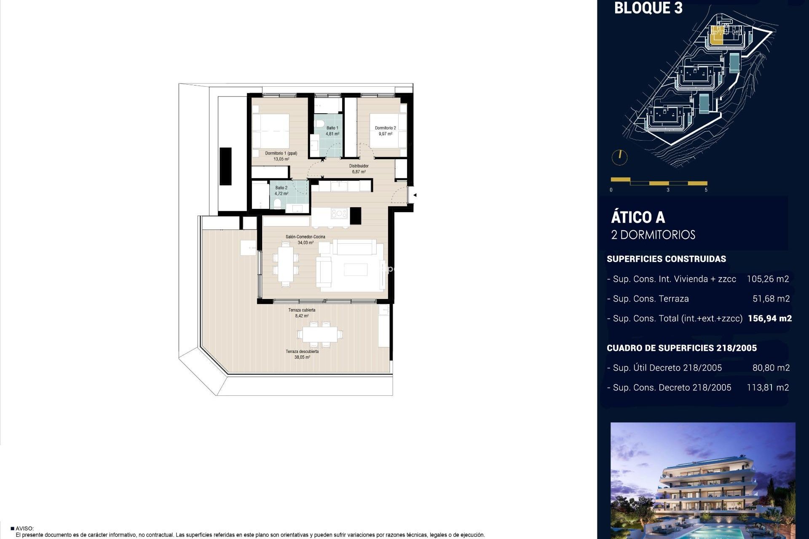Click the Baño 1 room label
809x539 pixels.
332,128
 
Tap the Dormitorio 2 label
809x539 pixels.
385,128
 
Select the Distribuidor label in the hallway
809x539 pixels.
359,166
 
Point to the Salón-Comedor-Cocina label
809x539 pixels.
305,237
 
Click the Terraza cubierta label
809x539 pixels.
302,310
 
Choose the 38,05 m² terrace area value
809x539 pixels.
302,357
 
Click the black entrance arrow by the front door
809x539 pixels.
415,195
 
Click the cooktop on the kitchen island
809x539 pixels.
339,213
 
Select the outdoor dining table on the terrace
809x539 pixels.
320,335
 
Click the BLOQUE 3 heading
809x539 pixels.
648,8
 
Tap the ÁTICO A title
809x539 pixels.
638,218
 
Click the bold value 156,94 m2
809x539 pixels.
769,319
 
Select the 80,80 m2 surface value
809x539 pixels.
771,368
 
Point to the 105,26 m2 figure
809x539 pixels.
767,279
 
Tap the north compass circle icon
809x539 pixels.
619,157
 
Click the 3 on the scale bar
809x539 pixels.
668,190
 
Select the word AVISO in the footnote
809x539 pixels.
24,528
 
